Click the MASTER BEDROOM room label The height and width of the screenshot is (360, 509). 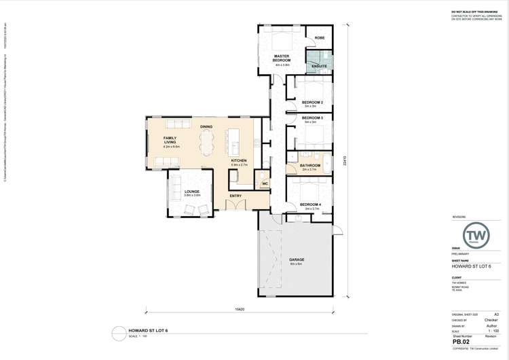(x=282, y=58)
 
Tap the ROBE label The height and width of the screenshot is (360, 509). (x=319, y=37)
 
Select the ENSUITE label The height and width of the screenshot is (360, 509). (x=320, y=66)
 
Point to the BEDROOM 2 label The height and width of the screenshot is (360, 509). (x=312, y=102)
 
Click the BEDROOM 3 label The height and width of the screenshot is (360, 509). (x=312, y=118)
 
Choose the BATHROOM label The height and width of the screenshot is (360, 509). (x=310, y=165)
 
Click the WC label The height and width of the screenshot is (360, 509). (x=265, y=183)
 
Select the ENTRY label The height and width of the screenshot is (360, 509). (x=235, y=196)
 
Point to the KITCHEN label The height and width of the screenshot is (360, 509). (x=239, y=160)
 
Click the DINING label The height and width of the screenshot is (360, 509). (x=206, y=127)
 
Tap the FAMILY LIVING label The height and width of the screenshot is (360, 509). (x=170, y=140)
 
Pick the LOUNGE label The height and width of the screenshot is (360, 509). (x=192, y=192)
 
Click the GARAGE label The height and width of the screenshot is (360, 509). (x=296, y=259)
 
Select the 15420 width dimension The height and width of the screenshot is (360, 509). (x=240, y=309)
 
